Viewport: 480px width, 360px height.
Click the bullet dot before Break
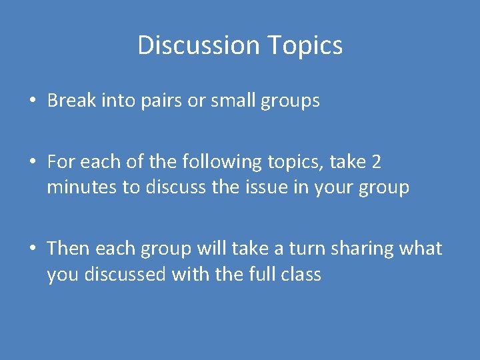(32, 101)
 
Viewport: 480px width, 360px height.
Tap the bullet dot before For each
(32, 162)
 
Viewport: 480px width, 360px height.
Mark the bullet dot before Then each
(32, 249)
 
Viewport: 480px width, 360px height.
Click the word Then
(69, 248)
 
